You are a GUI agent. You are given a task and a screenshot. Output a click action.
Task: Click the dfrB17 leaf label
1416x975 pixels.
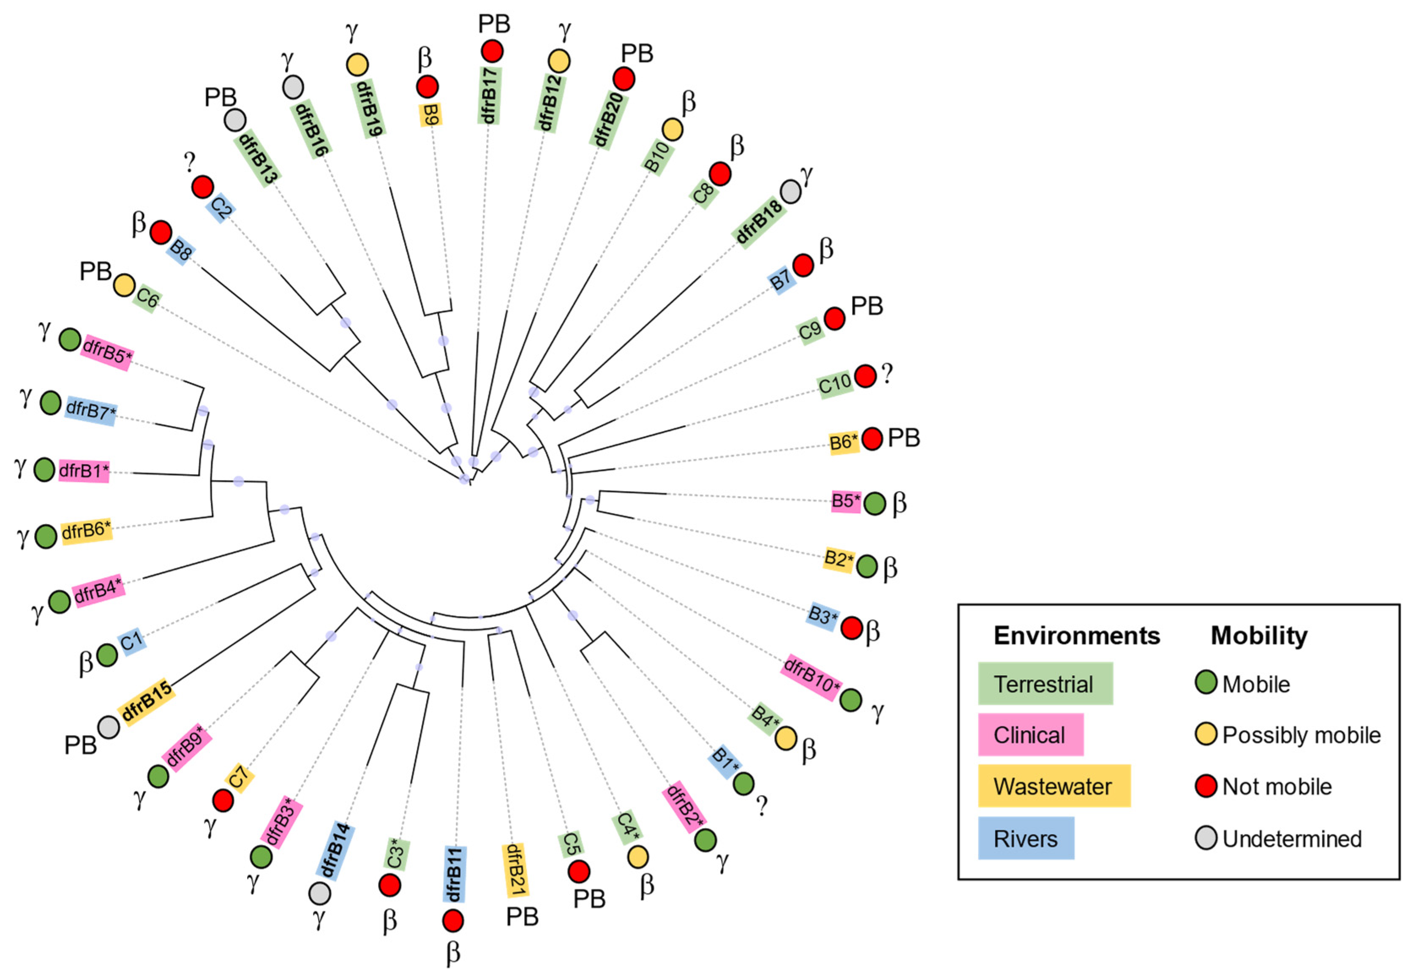pyautogui.click(x=488, y=95)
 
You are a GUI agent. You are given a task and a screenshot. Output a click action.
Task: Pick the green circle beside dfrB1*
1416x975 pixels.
pyautogui.click(x=44, y=470)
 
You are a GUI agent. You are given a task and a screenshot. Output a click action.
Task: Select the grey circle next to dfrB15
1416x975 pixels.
pyautogui.click(x=109, y=727)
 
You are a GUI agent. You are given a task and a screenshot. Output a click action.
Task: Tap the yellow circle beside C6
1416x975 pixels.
pyautogui.click(x=124, y=285)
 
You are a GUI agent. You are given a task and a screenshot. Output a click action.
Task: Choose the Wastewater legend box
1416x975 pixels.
pyautogui.click(x=1053, y=786)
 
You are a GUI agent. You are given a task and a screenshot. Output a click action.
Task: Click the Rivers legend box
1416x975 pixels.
pyautogui.click(x=1026, y=838)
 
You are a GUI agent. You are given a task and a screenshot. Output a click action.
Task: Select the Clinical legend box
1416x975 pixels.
pyautogui.click(x=1030, y=734)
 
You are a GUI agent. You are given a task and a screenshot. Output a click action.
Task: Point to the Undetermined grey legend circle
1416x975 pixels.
pyautogui.click(x=1206, y=837)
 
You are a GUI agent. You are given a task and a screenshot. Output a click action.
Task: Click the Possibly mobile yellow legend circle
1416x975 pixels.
pyautogui.click(x=1206, y=734)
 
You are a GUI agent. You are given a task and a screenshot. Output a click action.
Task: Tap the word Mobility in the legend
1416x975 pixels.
pyautogui.click(x=1259, y=636)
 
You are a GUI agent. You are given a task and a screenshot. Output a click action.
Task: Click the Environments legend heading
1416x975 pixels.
pyautogui.click(x=1076, y=636)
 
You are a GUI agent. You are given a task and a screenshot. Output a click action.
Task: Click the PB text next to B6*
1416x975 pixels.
pyautogui.click(x=904, y=438)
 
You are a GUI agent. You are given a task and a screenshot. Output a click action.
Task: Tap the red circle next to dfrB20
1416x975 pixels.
pyautogui.click(x=624, y=79)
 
